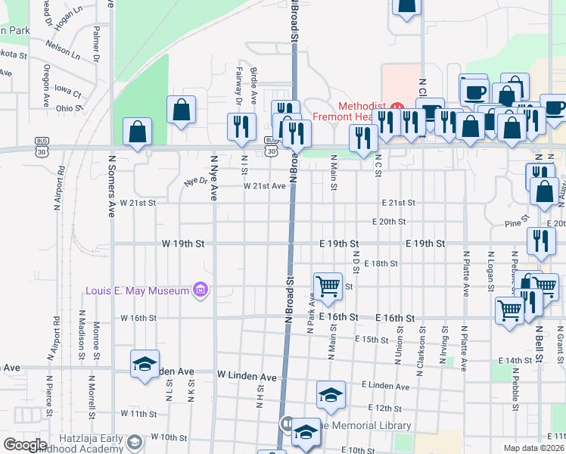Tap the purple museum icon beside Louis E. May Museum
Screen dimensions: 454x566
coord(201,290)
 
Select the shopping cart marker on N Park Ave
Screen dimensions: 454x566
coord(327,286)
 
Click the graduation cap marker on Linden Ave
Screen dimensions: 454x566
coord(144,364)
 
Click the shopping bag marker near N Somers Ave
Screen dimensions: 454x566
coord(137,132)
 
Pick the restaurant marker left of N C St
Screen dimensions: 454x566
coord(364,138)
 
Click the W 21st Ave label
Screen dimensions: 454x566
coord(264,186)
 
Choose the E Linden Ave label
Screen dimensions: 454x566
coord(385,387)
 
